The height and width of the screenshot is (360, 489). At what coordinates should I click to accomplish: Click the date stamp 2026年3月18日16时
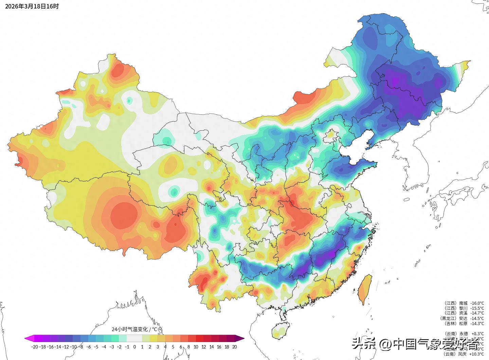pos(32,6)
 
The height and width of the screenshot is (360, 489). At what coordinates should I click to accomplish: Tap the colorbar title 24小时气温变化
pos(134,329)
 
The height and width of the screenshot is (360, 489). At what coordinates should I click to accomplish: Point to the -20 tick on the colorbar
pos(34,347)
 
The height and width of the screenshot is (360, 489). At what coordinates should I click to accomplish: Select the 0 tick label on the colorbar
pos(134,347)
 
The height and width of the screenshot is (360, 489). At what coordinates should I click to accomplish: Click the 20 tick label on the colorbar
pos(234,347)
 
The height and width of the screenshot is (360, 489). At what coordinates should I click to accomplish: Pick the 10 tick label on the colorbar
pos(196,347)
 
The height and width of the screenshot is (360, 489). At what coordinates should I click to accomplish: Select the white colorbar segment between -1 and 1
pos(134,338)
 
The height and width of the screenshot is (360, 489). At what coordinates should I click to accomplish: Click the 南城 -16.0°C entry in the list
pos(464,303)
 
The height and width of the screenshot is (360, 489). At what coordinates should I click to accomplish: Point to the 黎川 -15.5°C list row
pos(464,308)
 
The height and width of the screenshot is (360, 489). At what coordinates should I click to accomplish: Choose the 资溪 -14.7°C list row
pos(464,313)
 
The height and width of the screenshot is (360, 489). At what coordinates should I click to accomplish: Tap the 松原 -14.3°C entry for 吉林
pos(464,323)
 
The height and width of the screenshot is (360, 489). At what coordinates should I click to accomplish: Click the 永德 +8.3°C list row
pos(464,334)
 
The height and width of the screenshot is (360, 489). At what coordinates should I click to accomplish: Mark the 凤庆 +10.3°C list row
pos(464,354)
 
